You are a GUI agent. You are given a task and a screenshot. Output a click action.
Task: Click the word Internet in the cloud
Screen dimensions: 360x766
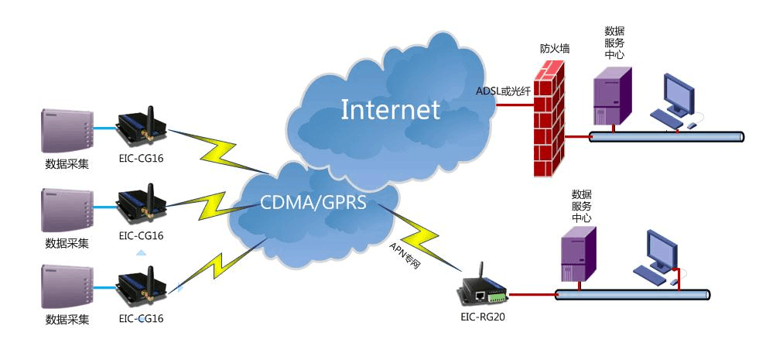390,109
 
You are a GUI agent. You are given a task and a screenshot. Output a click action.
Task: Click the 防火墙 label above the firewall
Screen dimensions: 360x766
554,49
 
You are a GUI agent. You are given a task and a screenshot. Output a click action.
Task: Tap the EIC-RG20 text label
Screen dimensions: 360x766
484,316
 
